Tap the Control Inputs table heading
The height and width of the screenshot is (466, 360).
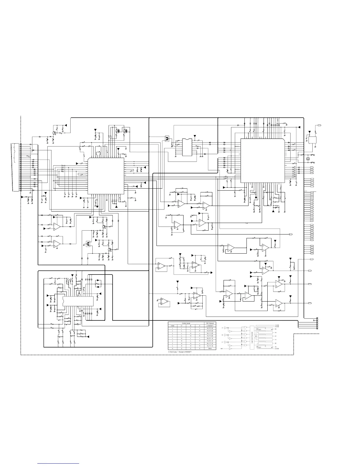click(x=186, y=323)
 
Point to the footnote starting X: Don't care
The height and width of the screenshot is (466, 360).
click(x=180, y=352)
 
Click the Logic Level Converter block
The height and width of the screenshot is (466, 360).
click(x=252, y=337)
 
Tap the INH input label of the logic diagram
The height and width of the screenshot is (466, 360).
click(x=222, y=349)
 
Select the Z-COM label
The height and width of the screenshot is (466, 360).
click(x=277, y=349)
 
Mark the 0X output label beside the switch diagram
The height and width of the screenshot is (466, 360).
click(x=276, y=329)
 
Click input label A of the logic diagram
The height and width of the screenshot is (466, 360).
click(x=222, y=327)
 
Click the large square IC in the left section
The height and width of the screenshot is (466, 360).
click(x=106, y=176)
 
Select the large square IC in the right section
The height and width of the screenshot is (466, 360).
click(x=262, y=160)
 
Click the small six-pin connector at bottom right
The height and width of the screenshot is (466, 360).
click(x=317, y=324)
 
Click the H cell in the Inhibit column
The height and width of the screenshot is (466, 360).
click(x=173, y=349)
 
